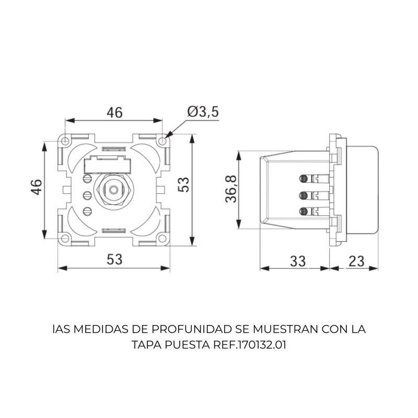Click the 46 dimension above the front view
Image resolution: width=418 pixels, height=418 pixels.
tap(114, 112)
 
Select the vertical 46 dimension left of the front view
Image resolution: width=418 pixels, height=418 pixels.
tap(36, 187)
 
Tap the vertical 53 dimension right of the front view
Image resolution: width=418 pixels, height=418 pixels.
tap(183, 184)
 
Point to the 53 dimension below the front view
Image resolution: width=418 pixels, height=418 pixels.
tap(114, 259)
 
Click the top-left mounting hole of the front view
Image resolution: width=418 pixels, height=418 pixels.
tap(65, 141)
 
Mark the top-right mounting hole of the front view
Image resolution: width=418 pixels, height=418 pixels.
tap(163, 141)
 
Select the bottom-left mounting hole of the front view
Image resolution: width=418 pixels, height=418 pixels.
tap(65, 239)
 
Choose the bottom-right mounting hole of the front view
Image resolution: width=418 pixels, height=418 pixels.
tap(163, 239)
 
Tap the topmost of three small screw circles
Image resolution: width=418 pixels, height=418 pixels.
tap(88, 180)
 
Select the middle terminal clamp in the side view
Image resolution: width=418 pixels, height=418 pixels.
tap(303, 195)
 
